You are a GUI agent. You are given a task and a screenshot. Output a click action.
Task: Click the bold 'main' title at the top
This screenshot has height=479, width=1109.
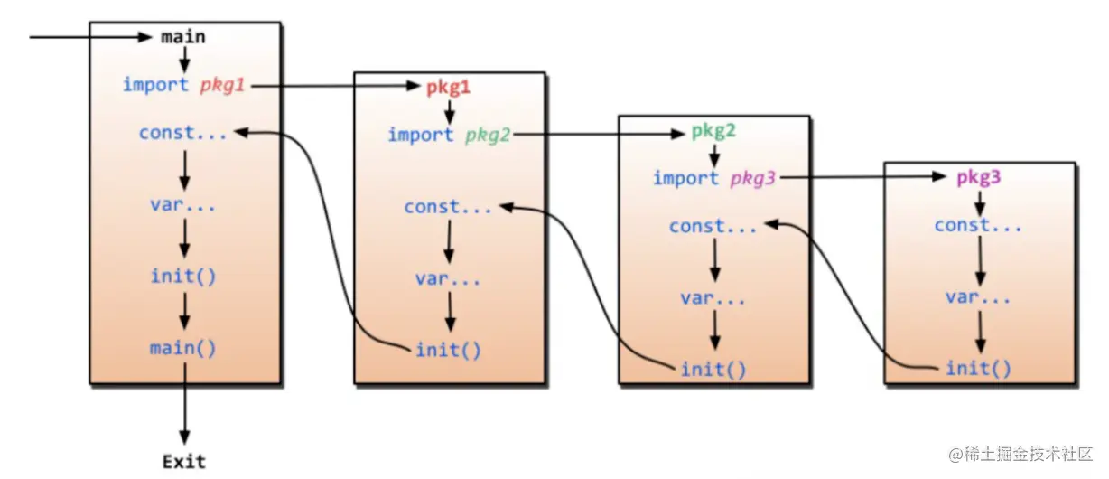coord(183,37)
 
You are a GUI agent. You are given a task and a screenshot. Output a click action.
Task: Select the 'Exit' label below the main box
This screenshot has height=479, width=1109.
coord(184,462)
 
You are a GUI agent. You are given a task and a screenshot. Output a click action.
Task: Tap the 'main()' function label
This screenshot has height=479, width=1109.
coord(184,347)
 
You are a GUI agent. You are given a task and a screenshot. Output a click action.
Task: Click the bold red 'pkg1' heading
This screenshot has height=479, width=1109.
coord(449,88)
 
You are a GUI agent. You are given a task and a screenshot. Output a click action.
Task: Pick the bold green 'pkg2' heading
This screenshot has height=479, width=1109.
coord(713,130)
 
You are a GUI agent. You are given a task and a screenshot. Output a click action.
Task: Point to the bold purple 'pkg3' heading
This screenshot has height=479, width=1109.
coord(978,177)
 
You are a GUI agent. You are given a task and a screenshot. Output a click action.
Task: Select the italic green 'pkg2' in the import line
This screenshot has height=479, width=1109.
coord(488,135)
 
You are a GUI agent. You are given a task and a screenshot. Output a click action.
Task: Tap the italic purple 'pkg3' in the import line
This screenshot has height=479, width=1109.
coord(752,178)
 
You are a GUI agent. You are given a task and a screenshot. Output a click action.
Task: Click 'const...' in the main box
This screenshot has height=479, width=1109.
coord(183,133)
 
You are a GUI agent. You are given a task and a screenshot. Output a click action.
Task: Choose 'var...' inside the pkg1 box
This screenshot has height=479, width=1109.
coord(448,278)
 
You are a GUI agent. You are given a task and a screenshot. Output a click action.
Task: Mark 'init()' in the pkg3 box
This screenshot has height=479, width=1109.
coord(978,368)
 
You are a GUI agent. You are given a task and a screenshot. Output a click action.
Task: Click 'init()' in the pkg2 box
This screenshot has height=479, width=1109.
coord(713,368)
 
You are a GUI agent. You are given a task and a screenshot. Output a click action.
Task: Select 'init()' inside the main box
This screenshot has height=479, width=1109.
coord(183,275)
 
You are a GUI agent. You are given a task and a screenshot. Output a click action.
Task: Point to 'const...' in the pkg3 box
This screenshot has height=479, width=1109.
coord(978,225)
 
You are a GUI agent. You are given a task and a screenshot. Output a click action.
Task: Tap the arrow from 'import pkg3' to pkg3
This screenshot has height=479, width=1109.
coord(867,178)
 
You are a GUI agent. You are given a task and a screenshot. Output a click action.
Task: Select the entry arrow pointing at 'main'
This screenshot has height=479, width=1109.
coord(90,37)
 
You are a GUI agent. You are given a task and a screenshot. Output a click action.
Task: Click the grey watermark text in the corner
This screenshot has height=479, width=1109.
coord(1020,452)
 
